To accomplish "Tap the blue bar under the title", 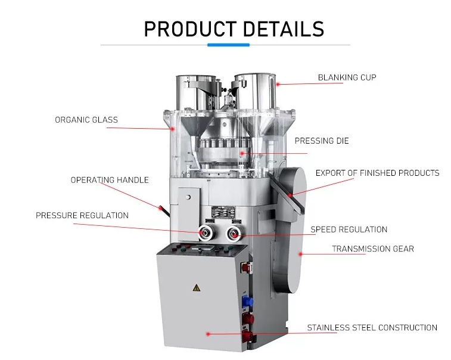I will [225, 44].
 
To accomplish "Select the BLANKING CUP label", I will [347, 77].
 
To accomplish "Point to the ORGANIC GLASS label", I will [86, 120].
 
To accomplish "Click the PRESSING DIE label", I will [322, 141].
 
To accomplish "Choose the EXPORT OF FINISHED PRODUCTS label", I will [377, 173].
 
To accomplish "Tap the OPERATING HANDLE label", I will [110, 180].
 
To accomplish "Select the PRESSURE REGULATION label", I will [82, 215].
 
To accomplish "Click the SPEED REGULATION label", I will [349, 229].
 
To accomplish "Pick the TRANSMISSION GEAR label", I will [372, 249].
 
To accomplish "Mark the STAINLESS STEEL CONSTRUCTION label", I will [372, 328].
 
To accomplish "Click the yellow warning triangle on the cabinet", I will [195, 288].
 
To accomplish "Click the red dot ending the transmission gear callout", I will [300, 254].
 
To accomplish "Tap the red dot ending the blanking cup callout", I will [277, 84].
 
